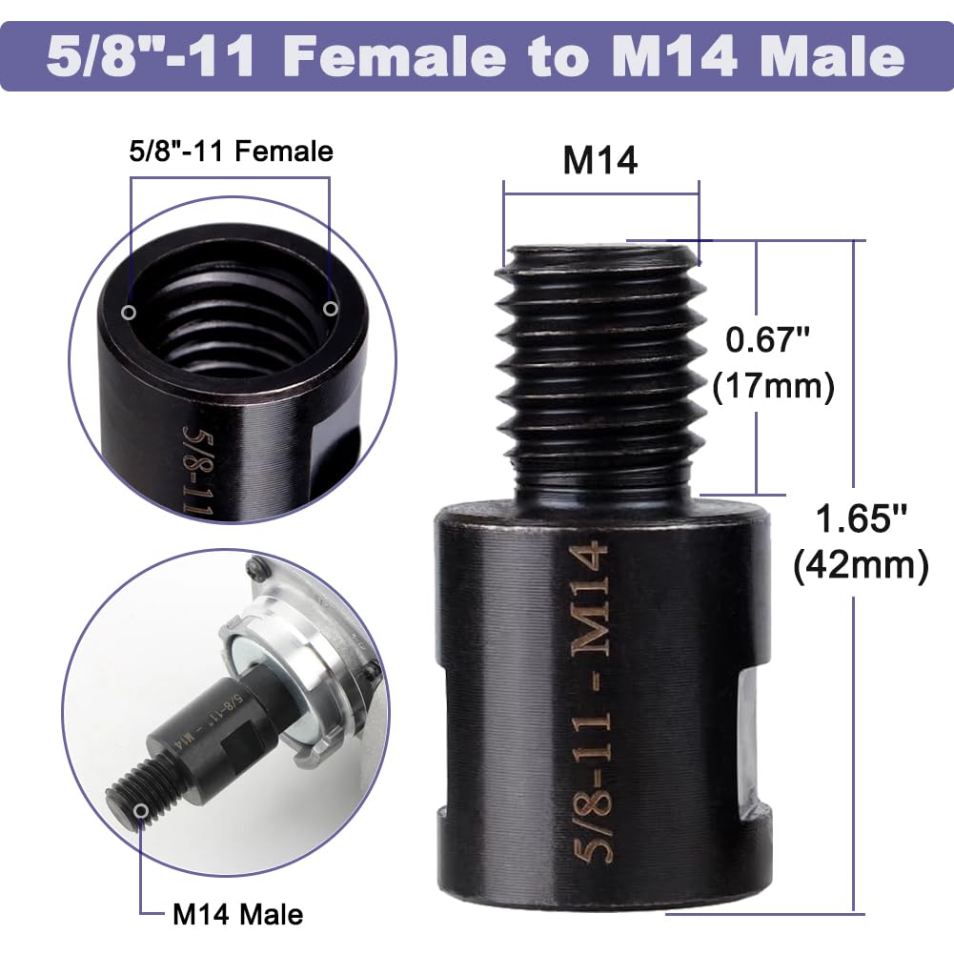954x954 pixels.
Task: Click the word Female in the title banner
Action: point(396,55)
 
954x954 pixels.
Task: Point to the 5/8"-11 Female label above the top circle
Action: point(231,151)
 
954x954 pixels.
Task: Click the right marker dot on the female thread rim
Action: point(331,308)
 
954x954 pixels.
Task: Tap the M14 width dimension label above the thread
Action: point(600,161)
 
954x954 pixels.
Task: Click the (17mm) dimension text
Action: point(773,386)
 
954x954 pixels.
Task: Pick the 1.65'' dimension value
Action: point(861,520)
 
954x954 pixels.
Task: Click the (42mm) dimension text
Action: point(861,566)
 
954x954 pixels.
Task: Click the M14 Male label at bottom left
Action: point(237,915)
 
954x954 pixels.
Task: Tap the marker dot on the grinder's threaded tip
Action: point(142,810)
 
